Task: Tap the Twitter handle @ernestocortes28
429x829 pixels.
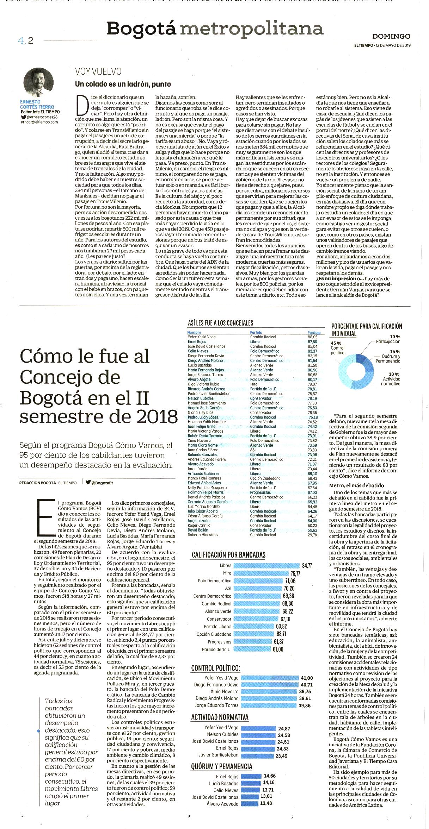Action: pyautogui.click(x=42, y=117)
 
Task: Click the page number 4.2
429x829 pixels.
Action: pyautogui.click(x=26, y=41)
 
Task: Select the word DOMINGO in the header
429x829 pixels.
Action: pyautogui.click(x=391, y=36)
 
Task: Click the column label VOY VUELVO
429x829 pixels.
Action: pyautogui.click(x=98, y=72)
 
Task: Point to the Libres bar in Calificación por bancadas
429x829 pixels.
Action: pyautogui.click(x=267, y=566)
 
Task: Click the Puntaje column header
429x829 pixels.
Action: pyautogui.click(x=314, y=332)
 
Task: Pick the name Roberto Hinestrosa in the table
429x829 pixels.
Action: pyautogui.click(x=203, y=535)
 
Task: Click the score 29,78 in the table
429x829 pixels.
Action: pyautogui.click(x=312, y=535)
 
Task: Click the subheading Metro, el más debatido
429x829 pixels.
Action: pyautogui.click(x=356, y=485)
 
